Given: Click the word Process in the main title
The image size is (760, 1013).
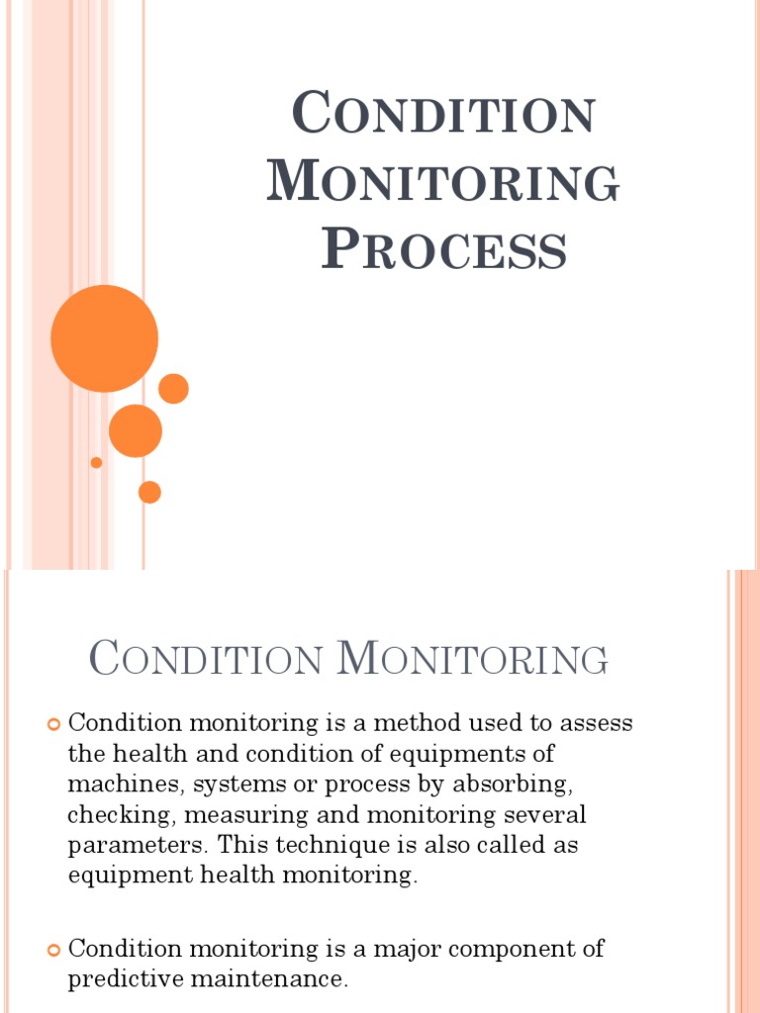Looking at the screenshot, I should (x=443, y=248).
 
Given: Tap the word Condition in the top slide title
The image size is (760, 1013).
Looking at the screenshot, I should (x=443, y=114).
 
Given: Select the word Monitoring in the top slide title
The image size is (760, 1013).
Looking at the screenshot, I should (x=443, y=182).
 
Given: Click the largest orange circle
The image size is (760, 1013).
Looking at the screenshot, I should (x=104, y=338).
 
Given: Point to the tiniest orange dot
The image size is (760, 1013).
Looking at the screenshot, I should (x=96, y=462).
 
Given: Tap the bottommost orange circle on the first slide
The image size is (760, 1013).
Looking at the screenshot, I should (x=149, y=492).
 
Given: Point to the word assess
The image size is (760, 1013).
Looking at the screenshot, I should (x=598, y=723).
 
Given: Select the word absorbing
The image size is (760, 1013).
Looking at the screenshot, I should (x=521, y=784).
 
